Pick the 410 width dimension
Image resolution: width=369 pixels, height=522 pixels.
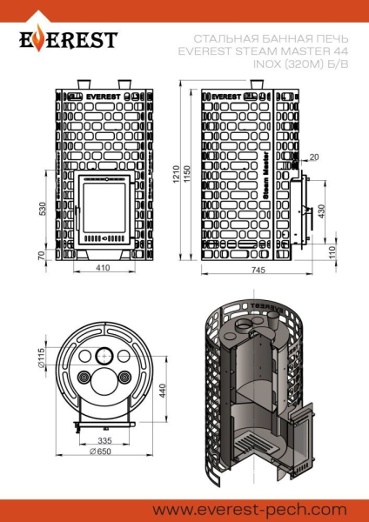coord(103,269)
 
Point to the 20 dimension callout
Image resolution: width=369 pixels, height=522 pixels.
coord(313,157)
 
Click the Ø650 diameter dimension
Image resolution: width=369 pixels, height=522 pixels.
coord(101,451)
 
